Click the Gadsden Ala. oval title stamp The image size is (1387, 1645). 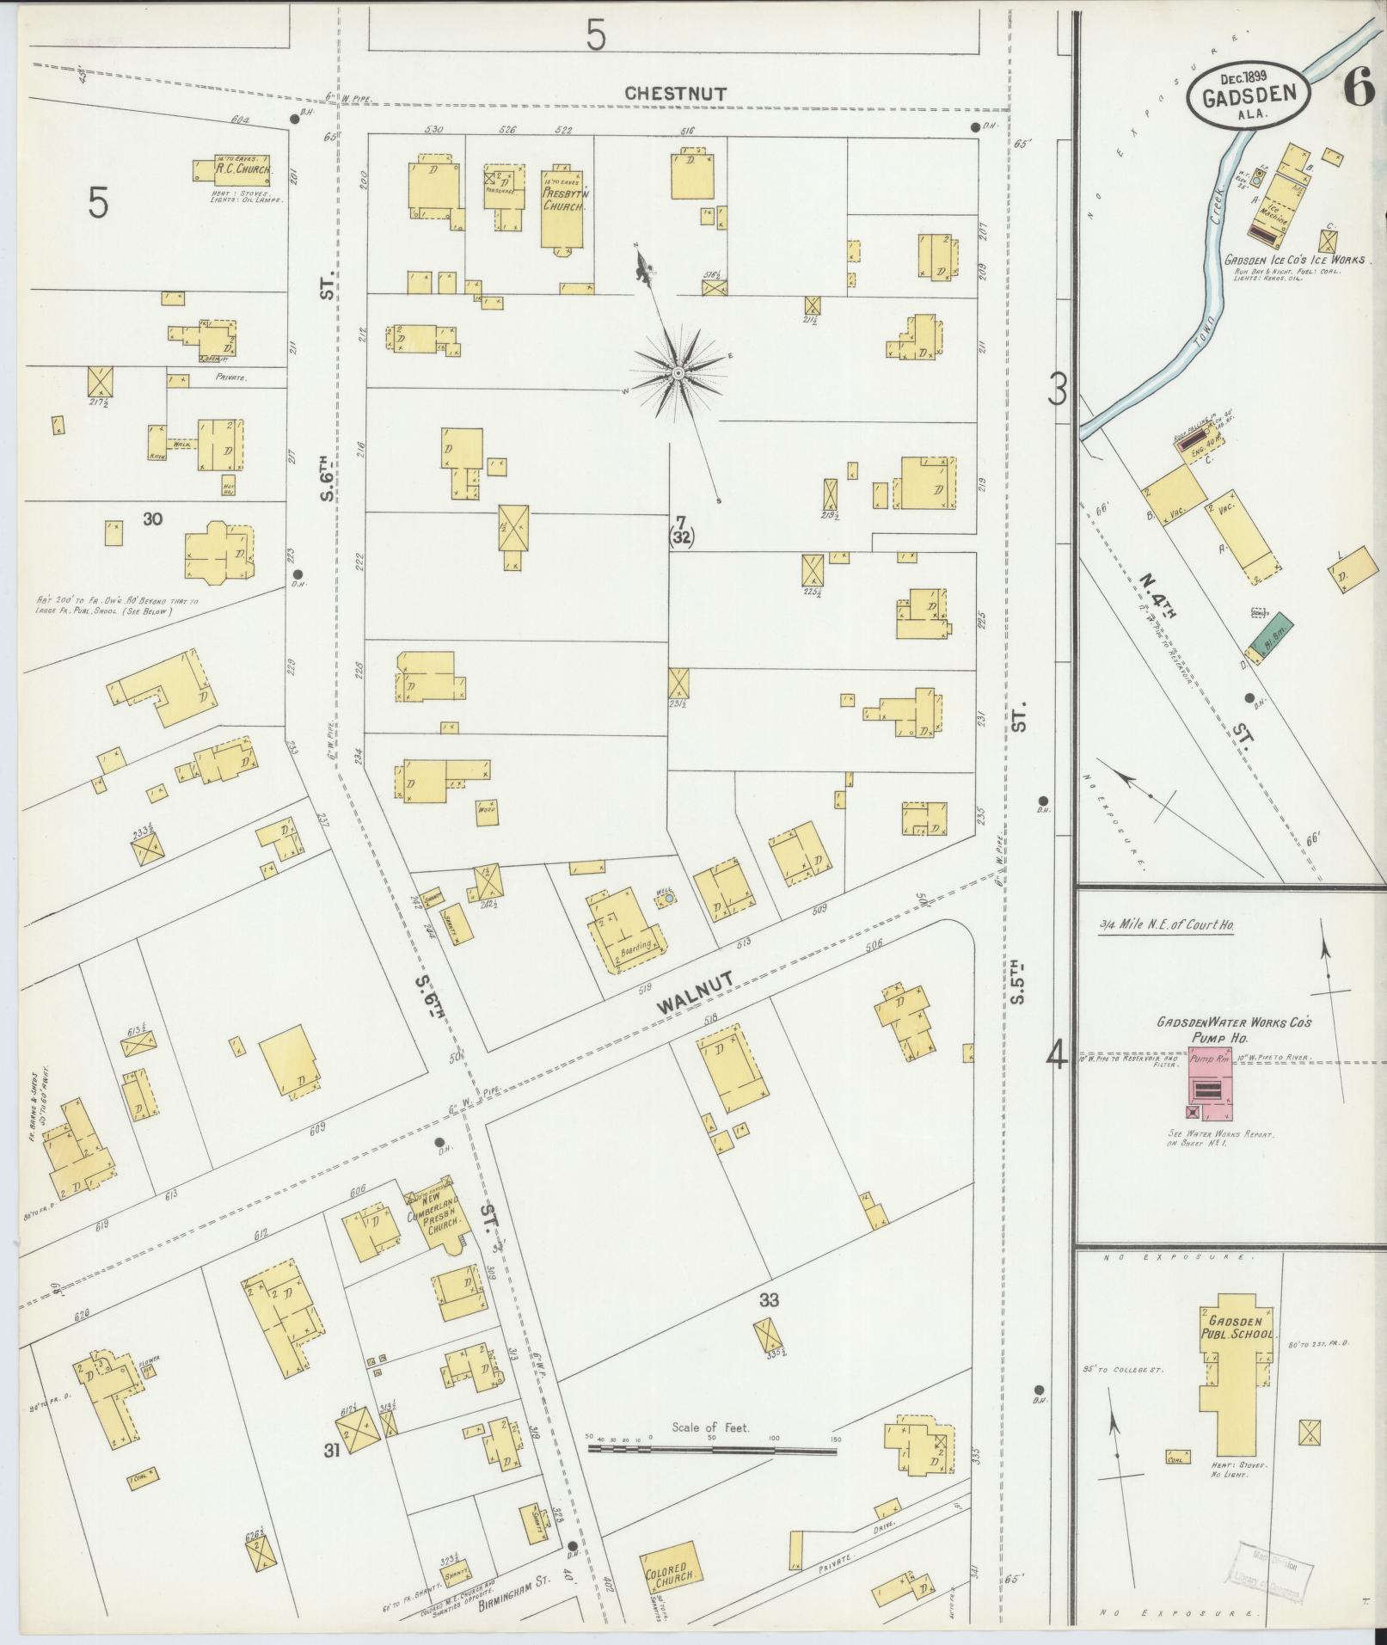point(1249,96)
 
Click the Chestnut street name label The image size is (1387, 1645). point(676,94)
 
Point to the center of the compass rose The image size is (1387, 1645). point(678,372)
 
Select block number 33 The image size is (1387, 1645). point(768,1323)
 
